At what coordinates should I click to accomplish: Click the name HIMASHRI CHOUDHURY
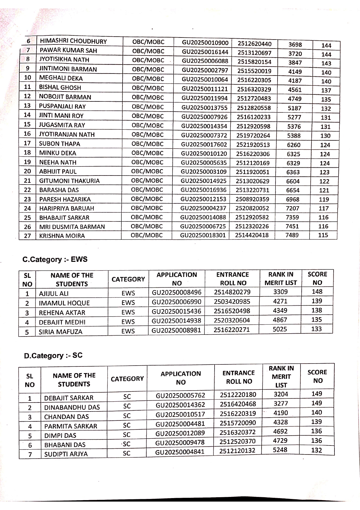pos(73,41)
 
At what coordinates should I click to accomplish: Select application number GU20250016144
pos(205,52)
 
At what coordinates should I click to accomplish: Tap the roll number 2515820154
pos(254,62)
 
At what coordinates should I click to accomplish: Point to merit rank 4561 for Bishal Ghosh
pos(295,90)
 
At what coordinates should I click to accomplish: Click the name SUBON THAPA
pos(60,144)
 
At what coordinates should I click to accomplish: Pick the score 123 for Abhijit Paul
pos(324,172)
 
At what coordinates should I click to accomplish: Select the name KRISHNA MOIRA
pos(62,236)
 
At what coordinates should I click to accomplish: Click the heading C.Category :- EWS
pos(55,259)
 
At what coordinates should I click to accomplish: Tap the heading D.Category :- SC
pos(53,355)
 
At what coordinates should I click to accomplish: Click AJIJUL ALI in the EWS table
pos(54,294)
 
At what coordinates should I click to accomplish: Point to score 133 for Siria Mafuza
pos(316,329)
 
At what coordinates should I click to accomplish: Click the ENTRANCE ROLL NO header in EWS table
pos(233,279)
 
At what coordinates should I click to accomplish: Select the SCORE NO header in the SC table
pos(317,376)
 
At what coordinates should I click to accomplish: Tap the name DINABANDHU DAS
pos(72,407)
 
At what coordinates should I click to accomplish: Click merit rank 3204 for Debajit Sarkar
pos(281,394)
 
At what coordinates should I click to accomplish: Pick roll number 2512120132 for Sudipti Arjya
pos(237,450)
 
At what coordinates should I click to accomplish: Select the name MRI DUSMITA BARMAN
pos(72,227)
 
